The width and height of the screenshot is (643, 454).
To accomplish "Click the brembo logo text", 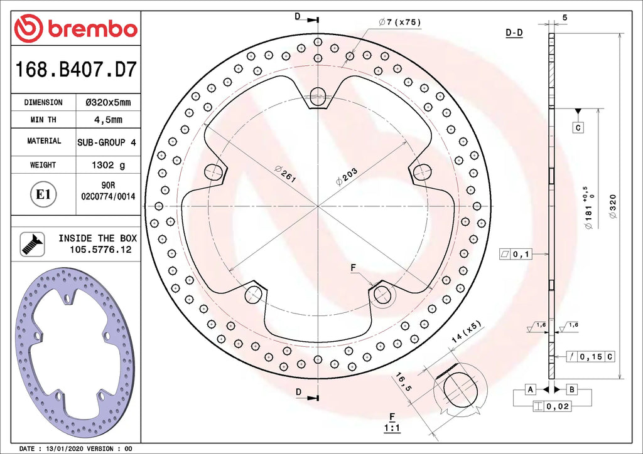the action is [x=92, y=29].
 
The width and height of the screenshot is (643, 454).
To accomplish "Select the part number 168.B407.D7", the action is [x=75, y=69].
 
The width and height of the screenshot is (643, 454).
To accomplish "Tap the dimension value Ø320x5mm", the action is [x=108, y=102].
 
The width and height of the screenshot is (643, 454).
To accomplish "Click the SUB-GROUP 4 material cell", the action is [x=107, y=142].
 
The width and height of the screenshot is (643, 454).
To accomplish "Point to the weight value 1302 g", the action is [x=108, y=164].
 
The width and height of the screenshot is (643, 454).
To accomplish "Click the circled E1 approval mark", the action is [x=43, y=194].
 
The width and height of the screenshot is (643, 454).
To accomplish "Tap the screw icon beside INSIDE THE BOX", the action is [x=33, y=245].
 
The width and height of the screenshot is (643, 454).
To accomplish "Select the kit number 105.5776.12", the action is [x=100, y=250].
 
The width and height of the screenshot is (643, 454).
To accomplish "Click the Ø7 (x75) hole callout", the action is [x=400, y=23].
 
